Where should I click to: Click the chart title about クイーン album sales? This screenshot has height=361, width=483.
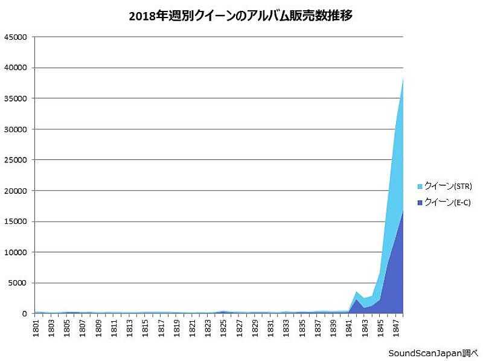(240, 16)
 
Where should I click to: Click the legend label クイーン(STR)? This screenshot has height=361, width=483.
(448, 186)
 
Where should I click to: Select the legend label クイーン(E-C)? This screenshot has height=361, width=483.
(447, 203)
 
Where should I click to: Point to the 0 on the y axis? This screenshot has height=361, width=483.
(24, 314)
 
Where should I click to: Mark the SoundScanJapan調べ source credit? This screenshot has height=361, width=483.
(433, 353)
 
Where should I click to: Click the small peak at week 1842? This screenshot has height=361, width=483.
(357, 292)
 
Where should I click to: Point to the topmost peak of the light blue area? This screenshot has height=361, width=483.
(403, 78)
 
